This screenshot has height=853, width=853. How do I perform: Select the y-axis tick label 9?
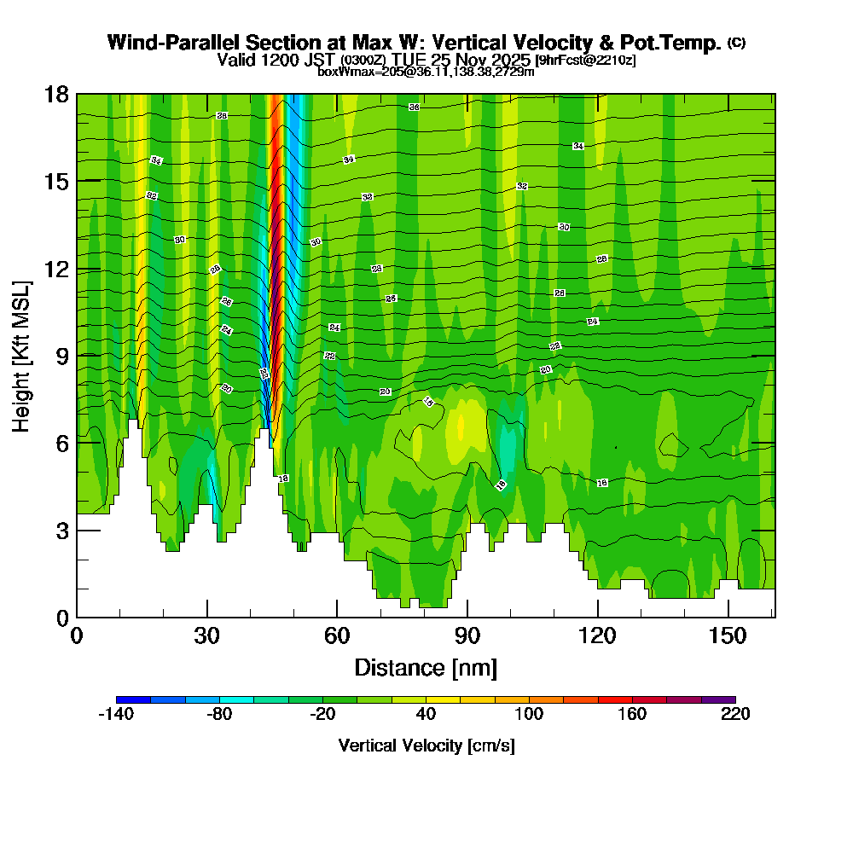tap(61, 356)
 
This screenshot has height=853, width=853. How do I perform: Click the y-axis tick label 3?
tap(61, 531)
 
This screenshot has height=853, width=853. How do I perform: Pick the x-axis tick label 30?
tap(207, 636)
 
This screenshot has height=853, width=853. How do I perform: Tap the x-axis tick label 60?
tap(337, 636)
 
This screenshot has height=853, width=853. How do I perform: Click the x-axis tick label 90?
tap(467, 636)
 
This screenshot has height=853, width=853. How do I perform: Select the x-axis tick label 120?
tap(598, 636)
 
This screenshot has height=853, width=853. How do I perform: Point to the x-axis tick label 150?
tap(728, 636)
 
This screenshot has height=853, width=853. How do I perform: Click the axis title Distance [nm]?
tap(426, 667)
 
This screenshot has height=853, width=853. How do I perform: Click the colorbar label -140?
tap(116, 715)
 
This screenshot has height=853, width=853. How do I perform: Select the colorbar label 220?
tap(735, 715)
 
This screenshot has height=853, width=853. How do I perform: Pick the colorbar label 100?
tap(529, 715)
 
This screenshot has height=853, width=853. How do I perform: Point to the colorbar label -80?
tap(219, 715)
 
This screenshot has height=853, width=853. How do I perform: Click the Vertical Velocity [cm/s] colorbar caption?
tap(426, 746)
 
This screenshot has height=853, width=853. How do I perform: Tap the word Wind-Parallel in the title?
tap(163, 43)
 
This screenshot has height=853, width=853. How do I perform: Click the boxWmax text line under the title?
tap(426, 72)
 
